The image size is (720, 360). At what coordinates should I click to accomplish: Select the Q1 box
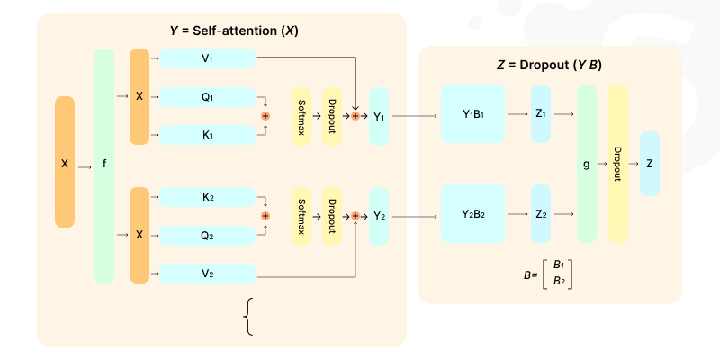coord(207,97)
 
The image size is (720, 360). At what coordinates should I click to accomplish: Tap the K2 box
coord(207,195)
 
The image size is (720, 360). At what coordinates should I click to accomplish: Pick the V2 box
coord(207,273)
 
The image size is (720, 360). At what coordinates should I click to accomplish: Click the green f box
coord(105,166)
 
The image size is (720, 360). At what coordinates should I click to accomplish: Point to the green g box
coord(587,165)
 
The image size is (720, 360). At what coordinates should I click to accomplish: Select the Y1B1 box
coord(472,114)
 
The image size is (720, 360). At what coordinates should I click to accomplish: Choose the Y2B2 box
coord(472,213)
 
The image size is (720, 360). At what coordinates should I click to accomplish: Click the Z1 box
coord(541,114)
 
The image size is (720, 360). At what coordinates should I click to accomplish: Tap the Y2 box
coord(379,216)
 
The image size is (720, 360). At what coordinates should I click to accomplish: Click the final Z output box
coord(649,164)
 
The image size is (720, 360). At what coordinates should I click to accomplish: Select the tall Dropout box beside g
coord(617,164)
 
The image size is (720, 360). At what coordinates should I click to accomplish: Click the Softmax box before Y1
coord(301,117)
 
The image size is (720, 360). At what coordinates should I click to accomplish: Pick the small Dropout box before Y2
coord(332,216)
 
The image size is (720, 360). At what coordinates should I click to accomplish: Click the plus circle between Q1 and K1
coord(265,116)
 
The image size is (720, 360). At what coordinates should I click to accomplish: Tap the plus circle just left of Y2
coord(355,216)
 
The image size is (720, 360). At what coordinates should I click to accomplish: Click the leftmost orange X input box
coord(65,163)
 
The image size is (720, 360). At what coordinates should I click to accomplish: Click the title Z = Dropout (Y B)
coord(549,65)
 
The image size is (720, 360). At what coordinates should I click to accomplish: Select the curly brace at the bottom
coord(248,317)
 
